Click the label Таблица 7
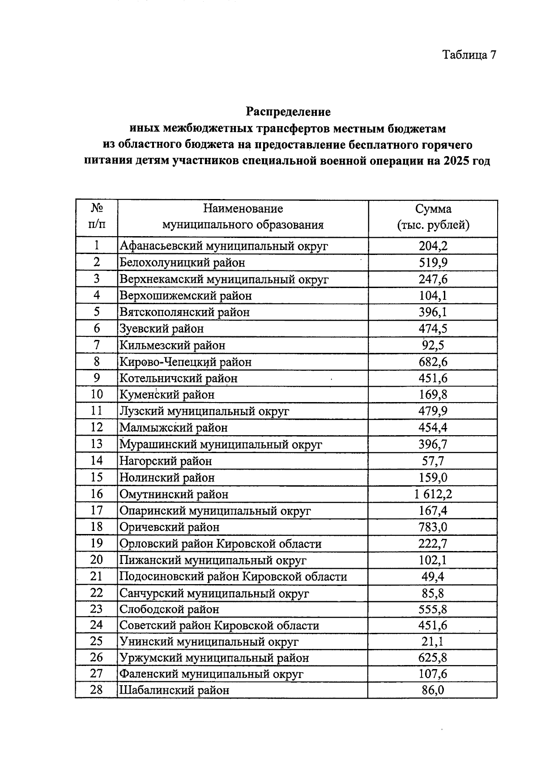pos(469,55)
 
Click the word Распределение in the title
pos(288,111)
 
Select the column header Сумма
pos(433,209)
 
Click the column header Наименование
pos(243,208)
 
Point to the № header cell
pos(97,208)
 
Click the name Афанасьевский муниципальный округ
pos(224,246)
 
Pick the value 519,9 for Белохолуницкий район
pos(433,262)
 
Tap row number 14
pos(97,460)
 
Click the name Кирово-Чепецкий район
pos(185,361)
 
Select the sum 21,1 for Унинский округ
pos(433,641)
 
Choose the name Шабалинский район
pos(174,690)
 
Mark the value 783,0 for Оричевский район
pos(433,527)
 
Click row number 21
pos(97,576)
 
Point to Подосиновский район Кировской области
pos(233,577)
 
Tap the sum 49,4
pos(433,576)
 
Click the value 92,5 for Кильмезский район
pos(433,345)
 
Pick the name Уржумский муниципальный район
pos(214,658)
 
